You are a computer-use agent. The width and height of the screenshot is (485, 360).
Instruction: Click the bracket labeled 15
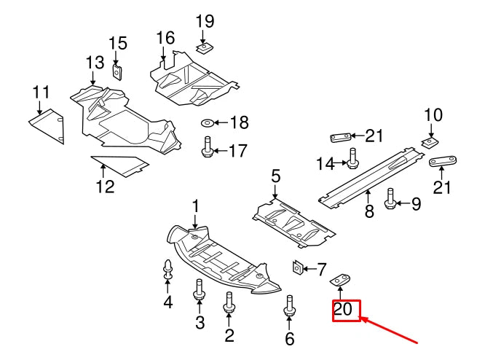(x=117, y=71)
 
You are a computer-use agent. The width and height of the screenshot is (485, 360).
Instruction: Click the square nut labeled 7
(x=298, y=268)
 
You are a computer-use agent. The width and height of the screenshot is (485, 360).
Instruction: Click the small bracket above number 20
(x=341, y=280)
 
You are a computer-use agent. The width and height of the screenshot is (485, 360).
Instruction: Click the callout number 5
(x=275, y=176)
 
